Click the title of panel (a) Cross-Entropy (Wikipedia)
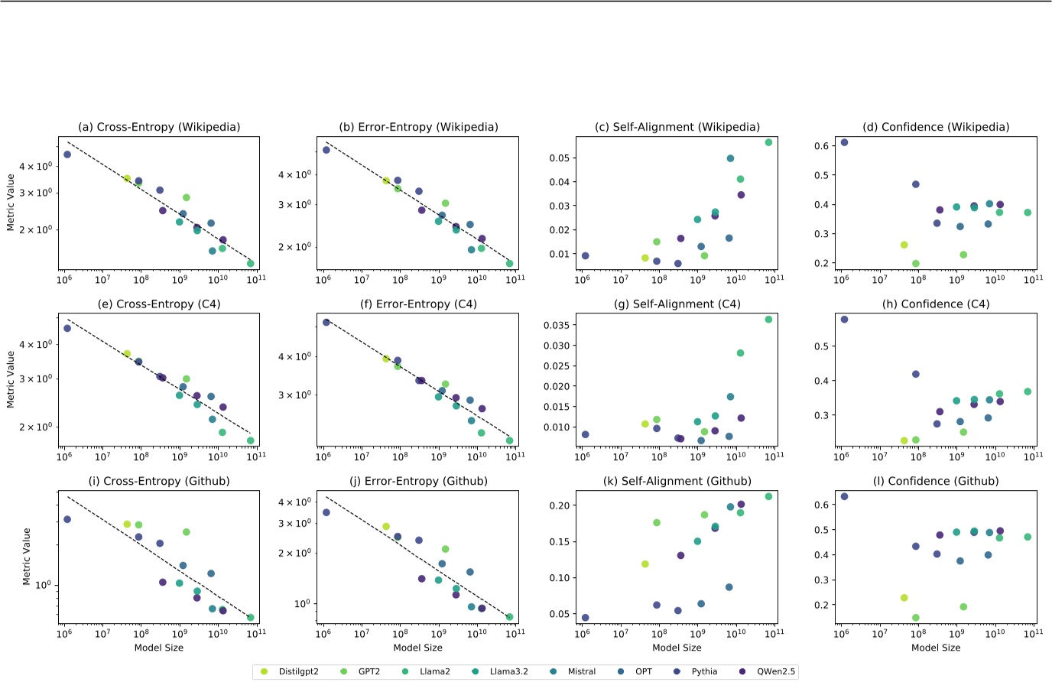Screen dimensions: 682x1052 click(159, 127)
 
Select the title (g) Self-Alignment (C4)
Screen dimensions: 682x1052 click(677, 304)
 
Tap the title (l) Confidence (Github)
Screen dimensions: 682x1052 click(936, 481)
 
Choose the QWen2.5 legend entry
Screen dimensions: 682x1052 click(775, 671)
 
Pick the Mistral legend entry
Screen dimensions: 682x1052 click(581, 671)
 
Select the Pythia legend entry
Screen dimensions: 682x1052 click(704, 671)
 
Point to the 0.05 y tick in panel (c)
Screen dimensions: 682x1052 click(560, 158)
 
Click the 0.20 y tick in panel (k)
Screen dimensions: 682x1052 click(560, 505)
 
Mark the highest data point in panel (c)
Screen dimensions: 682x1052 click(768, 142)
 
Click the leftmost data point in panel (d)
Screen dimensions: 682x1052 click(844, 142)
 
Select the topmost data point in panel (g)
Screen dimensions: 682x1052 click(768, 320)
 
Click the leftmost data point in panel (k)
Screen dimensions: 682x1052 click(585, 618)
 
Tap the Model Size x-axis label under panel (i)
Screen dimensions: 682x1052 click(159, 648)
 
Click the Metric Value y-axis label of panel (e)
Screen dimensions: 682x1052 click(11, 379)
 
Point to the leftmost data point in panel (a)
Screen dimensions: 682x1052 click(67, 154)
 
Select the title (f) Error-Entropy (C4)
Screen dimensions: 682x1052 click(418, 304)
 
